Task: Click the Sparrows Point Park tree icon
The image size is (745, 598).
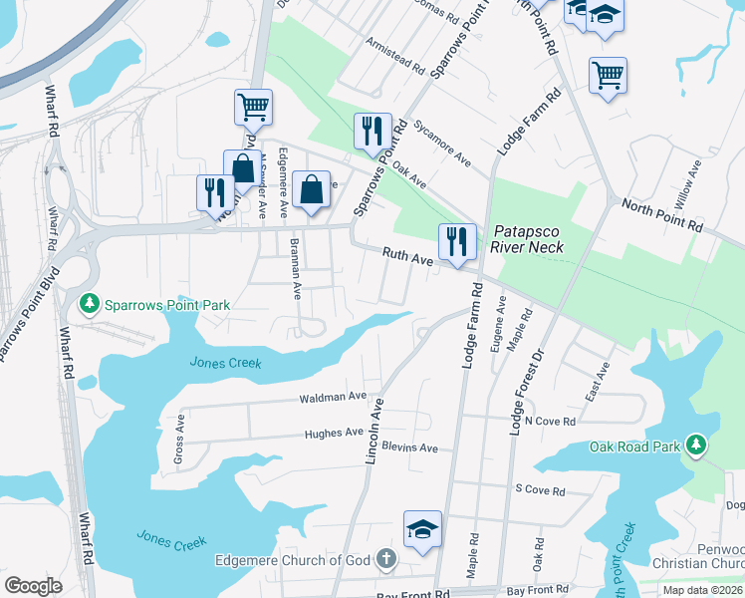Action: point(91,302)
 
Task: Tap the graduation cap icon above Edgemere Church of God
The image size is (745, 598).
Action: point(422,528)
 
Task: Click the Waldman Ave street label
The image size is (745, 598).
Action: point(334,397)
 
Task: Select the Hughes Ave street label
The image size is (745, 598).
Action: point(333,433)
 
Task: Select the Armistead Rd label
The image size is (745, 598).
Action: point(394,58)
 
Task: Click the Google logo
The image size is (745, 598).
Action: point(34,585)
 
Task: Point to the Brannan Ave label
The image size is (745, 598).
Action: point(295,269)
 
